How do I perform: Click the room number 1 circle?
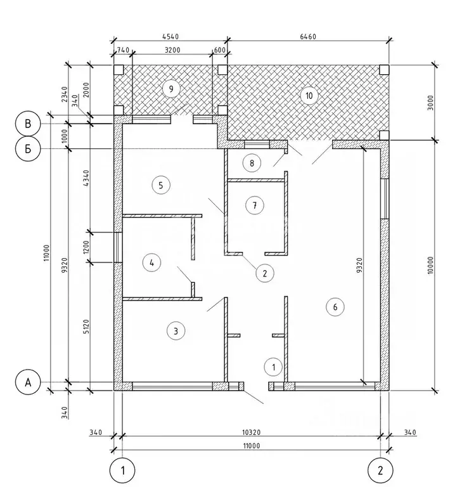(273, 366)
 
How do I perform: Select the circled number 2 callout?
(265, 273)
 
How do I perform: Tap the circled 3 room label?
(176, 330)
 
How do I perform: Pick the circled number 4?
(151, 262)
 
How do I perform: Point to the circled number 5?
(161, 185)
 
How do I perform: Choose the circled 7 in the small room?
(254, 205)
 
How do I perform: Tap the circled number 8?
(252, 163)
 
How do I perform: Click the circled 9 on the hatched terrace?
(169, 88)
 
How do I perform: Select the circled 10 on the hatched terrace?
(309, 96)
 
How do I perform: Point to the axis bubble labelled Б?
(27, 149)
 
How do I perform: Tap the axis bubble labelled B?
(27, 123)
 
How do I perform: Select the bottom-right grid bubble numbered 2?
(380, 470)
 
